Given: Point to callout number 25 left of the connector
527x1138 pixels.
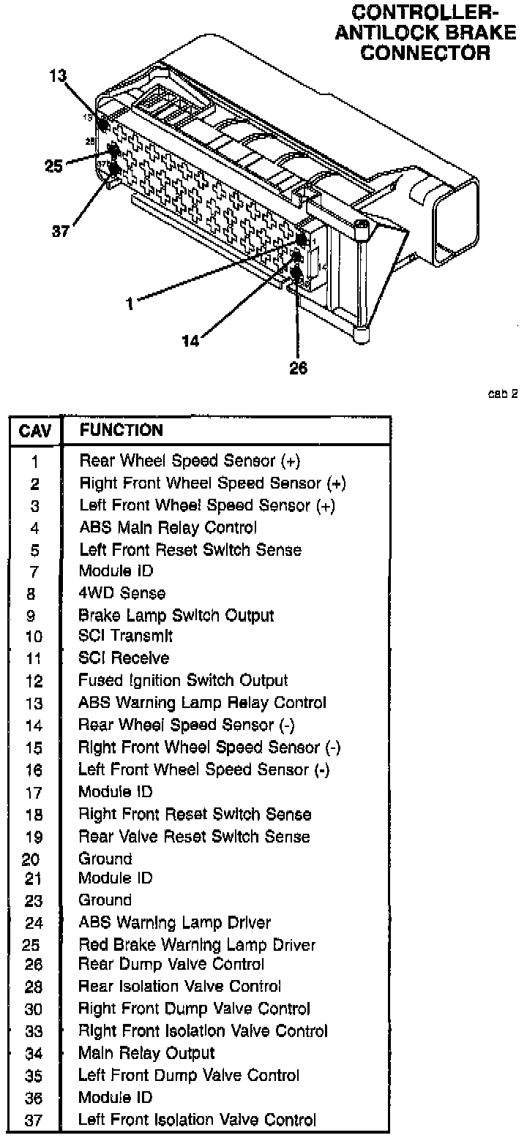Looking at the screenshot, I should coord(54,166).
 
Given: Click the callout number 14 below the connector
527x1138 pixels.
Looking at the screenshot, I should coord(190,341).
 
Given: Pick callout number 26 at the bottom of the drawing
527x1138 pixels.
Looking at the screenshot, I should coord(298,368).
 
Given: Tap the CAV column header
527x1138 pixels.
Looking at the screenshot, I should coord(35,432).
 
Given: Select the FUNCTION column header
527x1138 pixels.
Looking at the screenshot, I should coord(121,430).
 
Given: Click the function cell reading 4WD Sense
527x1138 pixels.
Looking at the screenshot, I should coord(122,592).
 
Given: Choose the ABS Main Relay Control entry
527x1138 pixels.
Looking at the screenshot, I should coord(168,527).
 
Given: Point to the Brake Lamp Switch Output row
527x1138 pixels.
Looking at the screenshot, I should coord(176,615).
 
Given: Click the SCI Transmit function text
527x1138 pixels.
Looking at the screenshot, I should coord(126,636).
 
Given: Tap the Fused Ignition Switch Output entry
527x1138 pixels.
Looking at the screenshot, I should coord(183,681).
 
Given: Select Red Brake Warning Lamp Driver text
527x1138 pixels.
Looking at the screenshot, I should coord(197,944).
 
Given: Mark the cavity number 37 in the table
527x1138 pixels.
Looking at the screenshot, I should coord(34,1121).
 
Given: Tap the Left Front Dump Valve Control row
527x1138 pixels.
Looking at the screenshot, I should coord(189,1075).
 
